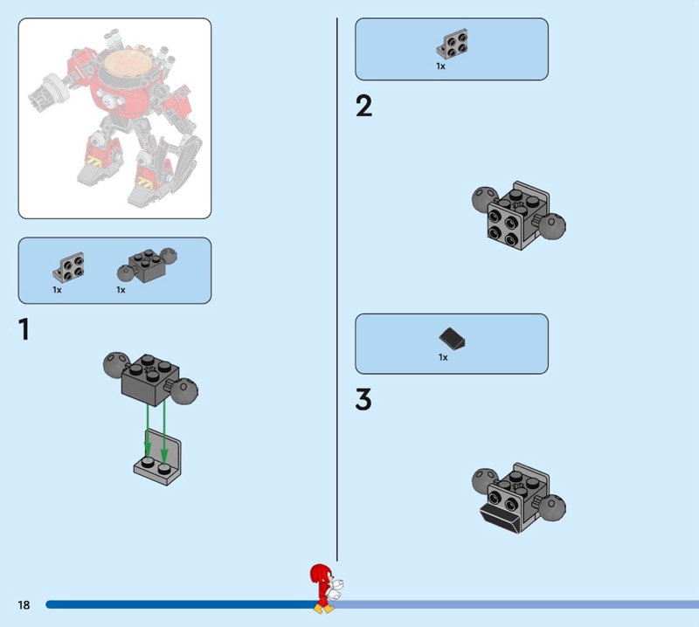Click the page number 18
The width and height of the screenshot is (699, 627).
click(x=24, y=604)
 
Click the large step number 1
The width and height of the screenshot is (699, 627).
click(x=24, y=329)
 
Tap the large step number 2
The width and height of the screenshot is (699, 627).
click(x=363, y=106)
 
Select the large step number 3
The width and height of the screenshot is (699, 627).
click(x=363, y=399)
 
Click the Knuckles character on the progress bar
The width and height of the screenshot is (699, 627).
click(x=327, y=589)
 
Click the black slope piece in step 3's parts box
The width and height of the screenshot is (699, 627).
click(x=452, y=338)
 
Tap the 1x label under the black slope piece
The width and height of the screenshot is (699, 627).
click(x=443, y=357)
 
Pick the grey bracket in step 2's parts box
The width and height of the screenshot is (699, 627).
click(x=452, y=44)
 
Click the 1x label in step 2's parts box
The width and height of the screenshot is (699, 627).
click(x=440, y=66)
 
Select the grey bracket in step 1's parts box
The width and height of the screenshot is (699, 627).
click(x=68, y=267)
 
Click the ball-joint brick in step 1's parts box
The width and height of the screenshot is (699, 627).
click(x=147, y=265)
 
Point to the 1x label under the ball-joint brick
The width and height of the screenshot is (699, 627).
click(x=121, y=290)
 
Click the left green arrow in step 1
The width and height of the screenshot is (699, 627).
click(x=148, y=431)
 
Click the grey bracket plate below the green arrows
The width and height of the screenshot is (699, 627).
click(x=158, y=458)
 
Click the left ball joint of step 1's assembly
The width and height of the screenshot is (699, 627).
click(x=116, y=364)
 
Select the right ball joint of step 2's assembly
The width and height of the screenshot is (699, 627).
click(x=552, y=226)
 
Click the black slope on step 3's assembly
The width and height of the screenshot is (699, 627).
click(x=499, y=518)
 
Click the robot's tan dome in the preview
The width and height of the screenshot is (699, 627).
click(x=127, y=65)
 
